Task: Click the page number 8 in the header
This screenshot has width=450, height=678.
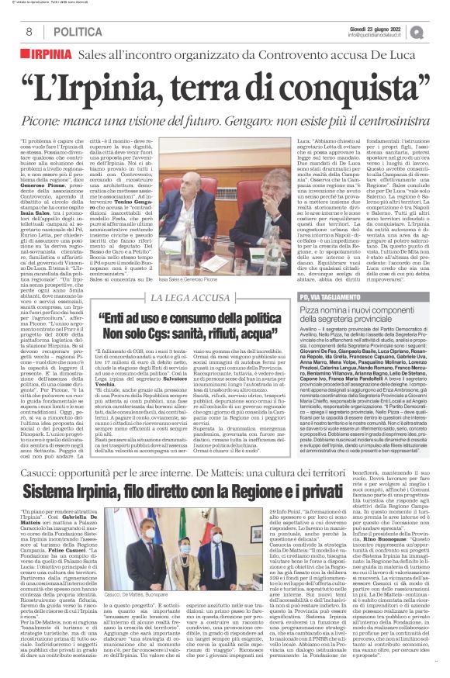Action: pyautogui.click(x=28, y=32)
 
